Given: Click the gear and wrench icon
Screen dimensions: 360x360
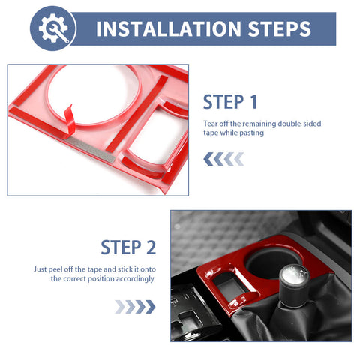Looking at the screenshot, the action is click(53, 28).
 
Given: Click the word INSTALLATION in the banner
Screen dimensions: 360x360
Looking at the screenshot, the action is click(169, 29).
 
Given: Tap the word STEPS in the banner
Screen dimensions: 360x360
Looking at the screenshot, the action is click(279, 29).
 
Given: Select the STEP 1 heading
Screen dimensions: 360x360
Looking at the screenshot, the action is click(230, 102).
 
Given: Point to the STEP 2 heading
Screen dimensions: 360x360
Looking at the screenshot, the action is click(128, 247).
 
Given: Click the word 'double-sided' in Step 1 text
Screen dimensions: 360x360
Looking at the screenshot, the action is click(299, 124).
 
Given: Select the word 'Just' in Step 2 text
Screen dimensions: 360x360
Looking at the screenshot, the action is click(40, 269).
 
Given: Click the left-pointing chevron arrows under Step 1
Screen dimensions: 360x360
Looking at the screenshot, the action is click(223, 159).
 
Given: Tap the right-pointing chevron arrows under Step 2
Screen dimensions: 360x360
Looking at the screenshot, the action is click(135, 307).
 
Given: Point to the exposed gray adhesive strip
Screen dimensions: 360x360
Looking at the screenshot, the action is click(91, 149).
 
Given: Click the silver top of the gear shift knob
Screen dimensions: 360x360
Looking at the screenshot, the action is click(295, 274).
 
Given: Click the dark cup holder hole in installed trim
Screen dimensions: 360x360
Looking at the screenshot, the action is click(270, 262).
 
